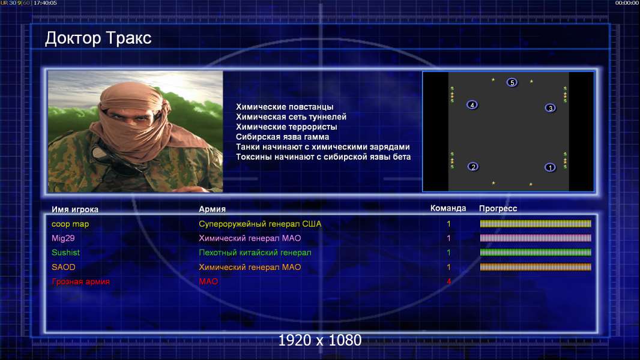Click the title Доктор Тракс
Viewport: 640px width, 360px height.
click(x=98, y=38)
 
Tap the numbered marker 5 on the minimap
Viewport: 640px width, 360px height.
click(x=512, y=82)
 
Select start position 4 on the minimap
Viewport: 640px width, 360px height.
click(x=472, y=105)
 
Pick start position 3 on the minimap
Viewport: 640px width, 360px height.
click(x=550, y=108)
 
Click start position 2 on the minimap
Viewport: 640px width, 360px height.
click(x=473, y=167)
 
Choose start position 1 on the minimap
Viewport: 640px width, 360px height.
click(x=550, y=167)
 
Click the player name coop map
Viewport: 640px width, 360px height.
click(x=70, y=224)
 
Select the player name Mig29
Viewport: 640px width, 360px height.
click(x=63, y=239)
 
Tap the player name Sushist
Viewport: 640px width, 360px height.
click(x=65, y=253)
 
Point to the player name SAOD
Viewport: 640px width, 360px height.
click(x=63, y=267)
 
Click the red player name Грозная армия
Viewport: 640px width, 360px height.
click(x=81, y=282)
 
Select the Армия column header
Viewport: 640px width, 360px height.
click(x=213, y=209)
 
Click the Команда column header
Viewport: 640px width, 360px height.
click(x=448, y=208)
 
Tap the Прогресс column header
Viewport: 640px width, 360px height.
click(x=498, y=209)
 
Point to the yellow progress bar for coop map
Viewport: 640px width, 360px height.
click(x=536, y=223)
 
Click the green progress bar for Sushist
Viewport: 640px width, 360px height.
click(x=536, y=253)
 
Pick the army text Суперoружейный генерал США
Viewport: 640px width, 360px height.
click(x=260, y=224)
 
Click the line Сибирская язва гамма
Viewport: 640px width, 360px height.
click(x=282, y=137)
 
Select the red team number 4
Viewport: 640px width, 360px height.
click(x=448, y=281)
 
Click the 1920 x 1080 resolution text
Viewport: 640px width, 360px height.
click(x=320, y=340)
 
